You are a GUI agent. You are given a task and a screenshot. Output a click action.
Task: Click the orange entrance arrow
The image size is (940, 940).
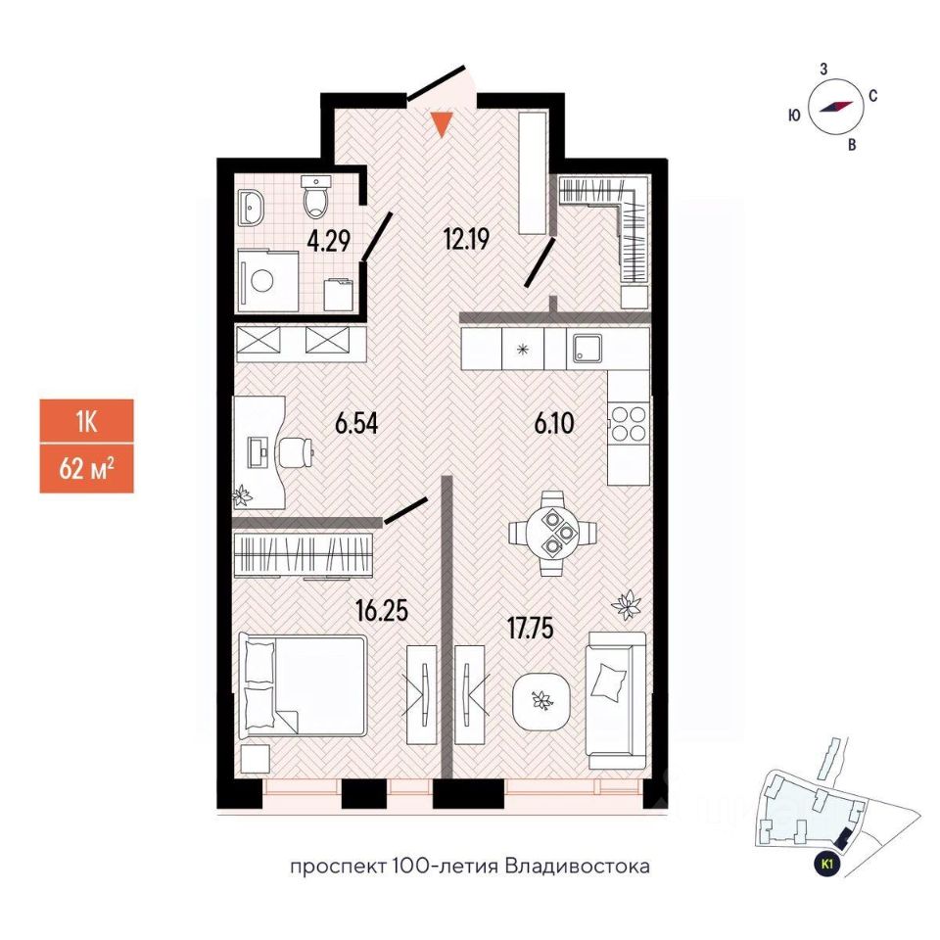[x=443, y=124]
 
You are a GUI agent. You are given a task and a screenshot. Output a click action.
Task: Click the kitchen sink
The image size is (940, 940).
[x=587, y=349]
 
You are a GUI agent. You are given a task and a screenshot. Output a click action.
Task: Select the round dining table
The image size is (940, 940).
[x=553, y=534]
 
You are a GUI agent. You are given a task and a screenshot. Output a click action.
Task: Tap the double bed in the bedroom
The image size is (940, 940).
[x=303, y=684]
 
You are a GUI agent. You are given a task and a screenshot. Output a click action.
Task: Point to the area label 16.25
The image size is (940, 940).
[x=381, y=613]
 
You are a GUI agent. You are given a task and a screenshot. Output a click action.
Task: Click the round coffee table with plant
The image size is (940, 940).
[x=540, y=699]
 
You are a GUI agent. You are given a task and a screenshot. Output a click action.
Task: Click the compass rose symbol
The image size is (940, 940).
[x=832, y=109]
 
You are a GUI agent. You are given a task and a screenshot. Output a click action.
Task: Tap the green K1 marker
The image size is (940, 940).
[x=827, y=864]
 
